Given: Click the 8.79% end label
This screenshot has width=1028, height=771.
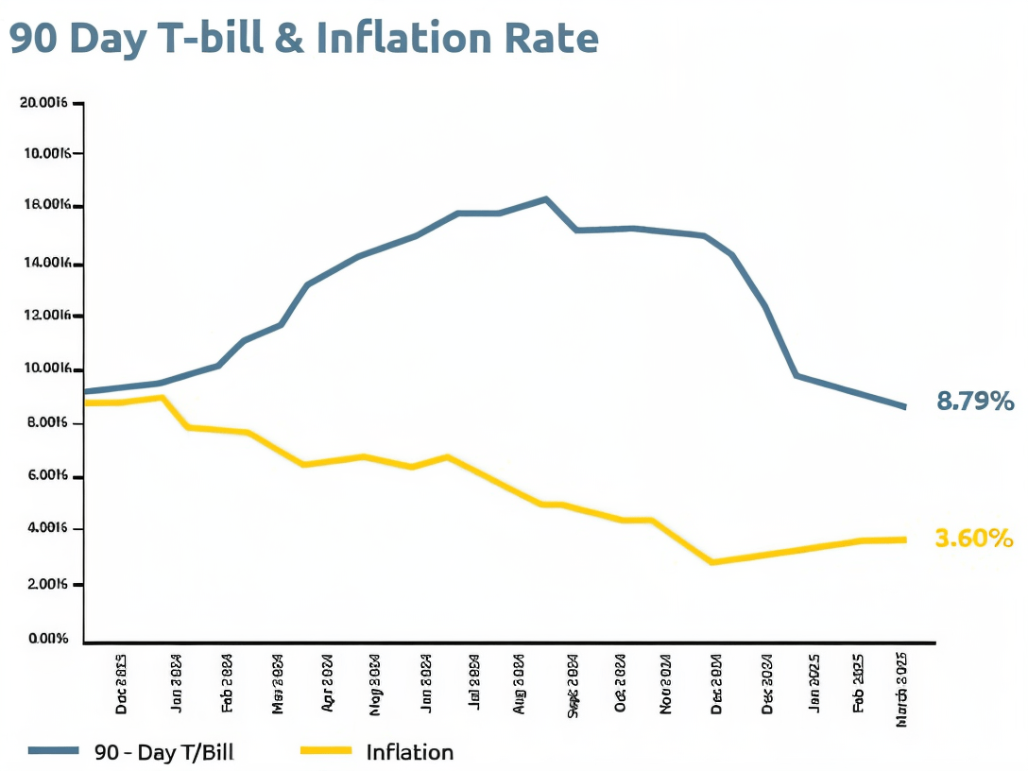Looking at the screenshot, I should pos(974,402).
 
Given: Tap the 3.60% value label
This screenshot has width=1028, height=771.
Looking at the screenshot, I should pos(973,539).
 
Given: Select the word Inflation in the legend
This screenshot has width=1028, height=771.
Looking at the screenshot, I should pos(409,752).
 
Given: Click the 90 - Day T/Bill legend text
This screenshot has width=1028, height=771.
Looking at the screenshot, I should pos(164,752).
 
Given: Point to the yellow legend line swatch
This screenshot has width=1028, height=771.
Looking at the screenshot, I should pos(326,751).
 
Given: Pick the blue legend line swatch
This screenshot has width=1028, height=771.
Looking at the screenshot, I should pos(53,751).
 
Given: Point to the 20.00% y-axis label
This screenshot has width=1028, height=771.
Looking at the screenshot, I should pos(43,103).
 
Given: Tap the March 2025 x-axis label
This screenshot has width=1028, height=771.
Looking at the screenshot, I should pos(901,689).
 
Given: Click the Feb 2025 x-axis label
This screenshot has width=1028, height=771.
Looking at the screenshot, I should pos(859,682).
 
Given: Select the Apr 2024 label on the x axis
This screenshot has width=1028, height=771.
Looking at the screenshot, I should pos(327,682).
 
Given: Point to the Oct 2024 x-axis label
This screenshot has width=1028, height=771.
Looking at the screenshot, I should pos(620,682).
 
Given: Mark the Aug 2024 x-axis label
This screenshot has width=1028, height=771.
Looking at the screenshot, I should pos(519,682).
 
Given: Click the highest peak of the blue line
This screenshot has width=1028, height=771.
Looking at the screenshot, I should pos(546,199).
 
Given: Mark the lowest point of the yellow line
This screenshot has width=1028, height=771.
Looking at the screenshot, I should pos(711,562).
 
